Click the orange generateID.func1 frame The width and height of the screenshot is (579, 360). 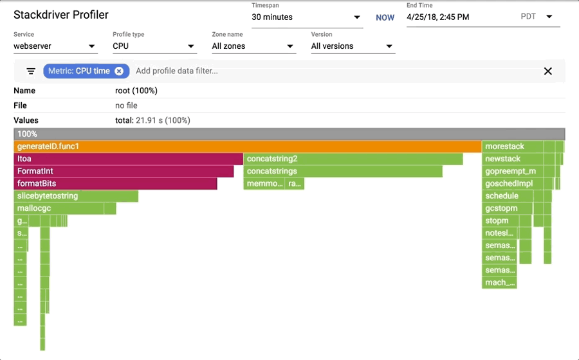(248, 147)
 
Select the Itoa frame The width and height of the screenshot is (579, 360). (129, 159)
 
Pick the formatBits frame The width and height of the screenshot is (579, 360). (115, 184)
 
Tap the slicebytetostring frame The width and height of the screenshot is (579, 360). (76, 196)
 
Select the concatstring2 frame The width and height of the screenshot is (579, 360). (353, 159)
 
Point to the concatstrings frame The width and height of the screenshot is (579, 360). (343, 171)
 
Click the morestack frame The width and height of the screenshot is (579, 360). (512, 147)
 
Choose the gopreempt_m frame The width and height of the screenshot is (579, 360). (512, 171)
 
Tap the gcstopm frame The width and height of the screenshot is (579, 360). (508, 208)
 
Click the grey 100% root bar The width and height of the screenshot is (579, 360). (289, 134)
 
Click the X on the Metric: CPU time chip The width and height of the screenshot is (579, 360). (119, 71)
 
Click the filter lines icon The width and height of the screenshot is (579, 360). (31, 71)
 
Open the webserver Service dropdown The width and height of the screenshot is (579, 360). (55, 46)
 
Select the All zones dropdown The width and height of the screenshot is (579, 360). (253, 46)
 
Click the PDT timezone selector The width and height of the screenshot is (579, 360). (537, 17)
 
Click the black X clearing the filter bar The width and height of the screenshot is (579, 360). (548, 71)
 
